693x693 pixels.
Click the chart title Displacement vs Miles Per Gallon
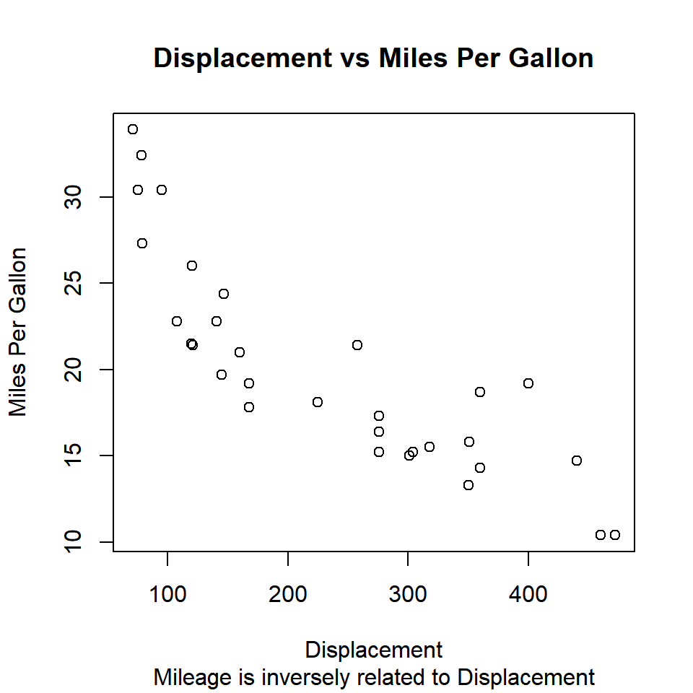point(373,58)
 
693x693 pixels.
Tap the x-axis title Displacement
point(373,650)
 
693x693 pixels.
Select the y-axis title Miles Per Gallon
point(18,332)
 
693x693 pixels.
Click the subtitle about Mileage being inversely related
point(374,678)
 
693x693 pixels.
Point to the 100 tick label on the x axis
point(167,594)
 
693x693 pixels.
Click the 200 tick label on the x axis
point(288,594)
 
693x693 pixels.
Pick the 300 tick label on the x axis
point(408,594)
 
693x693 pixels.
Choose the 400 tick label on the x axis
point(528,594)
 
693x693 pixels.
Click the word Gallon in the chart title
point(551,58)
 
